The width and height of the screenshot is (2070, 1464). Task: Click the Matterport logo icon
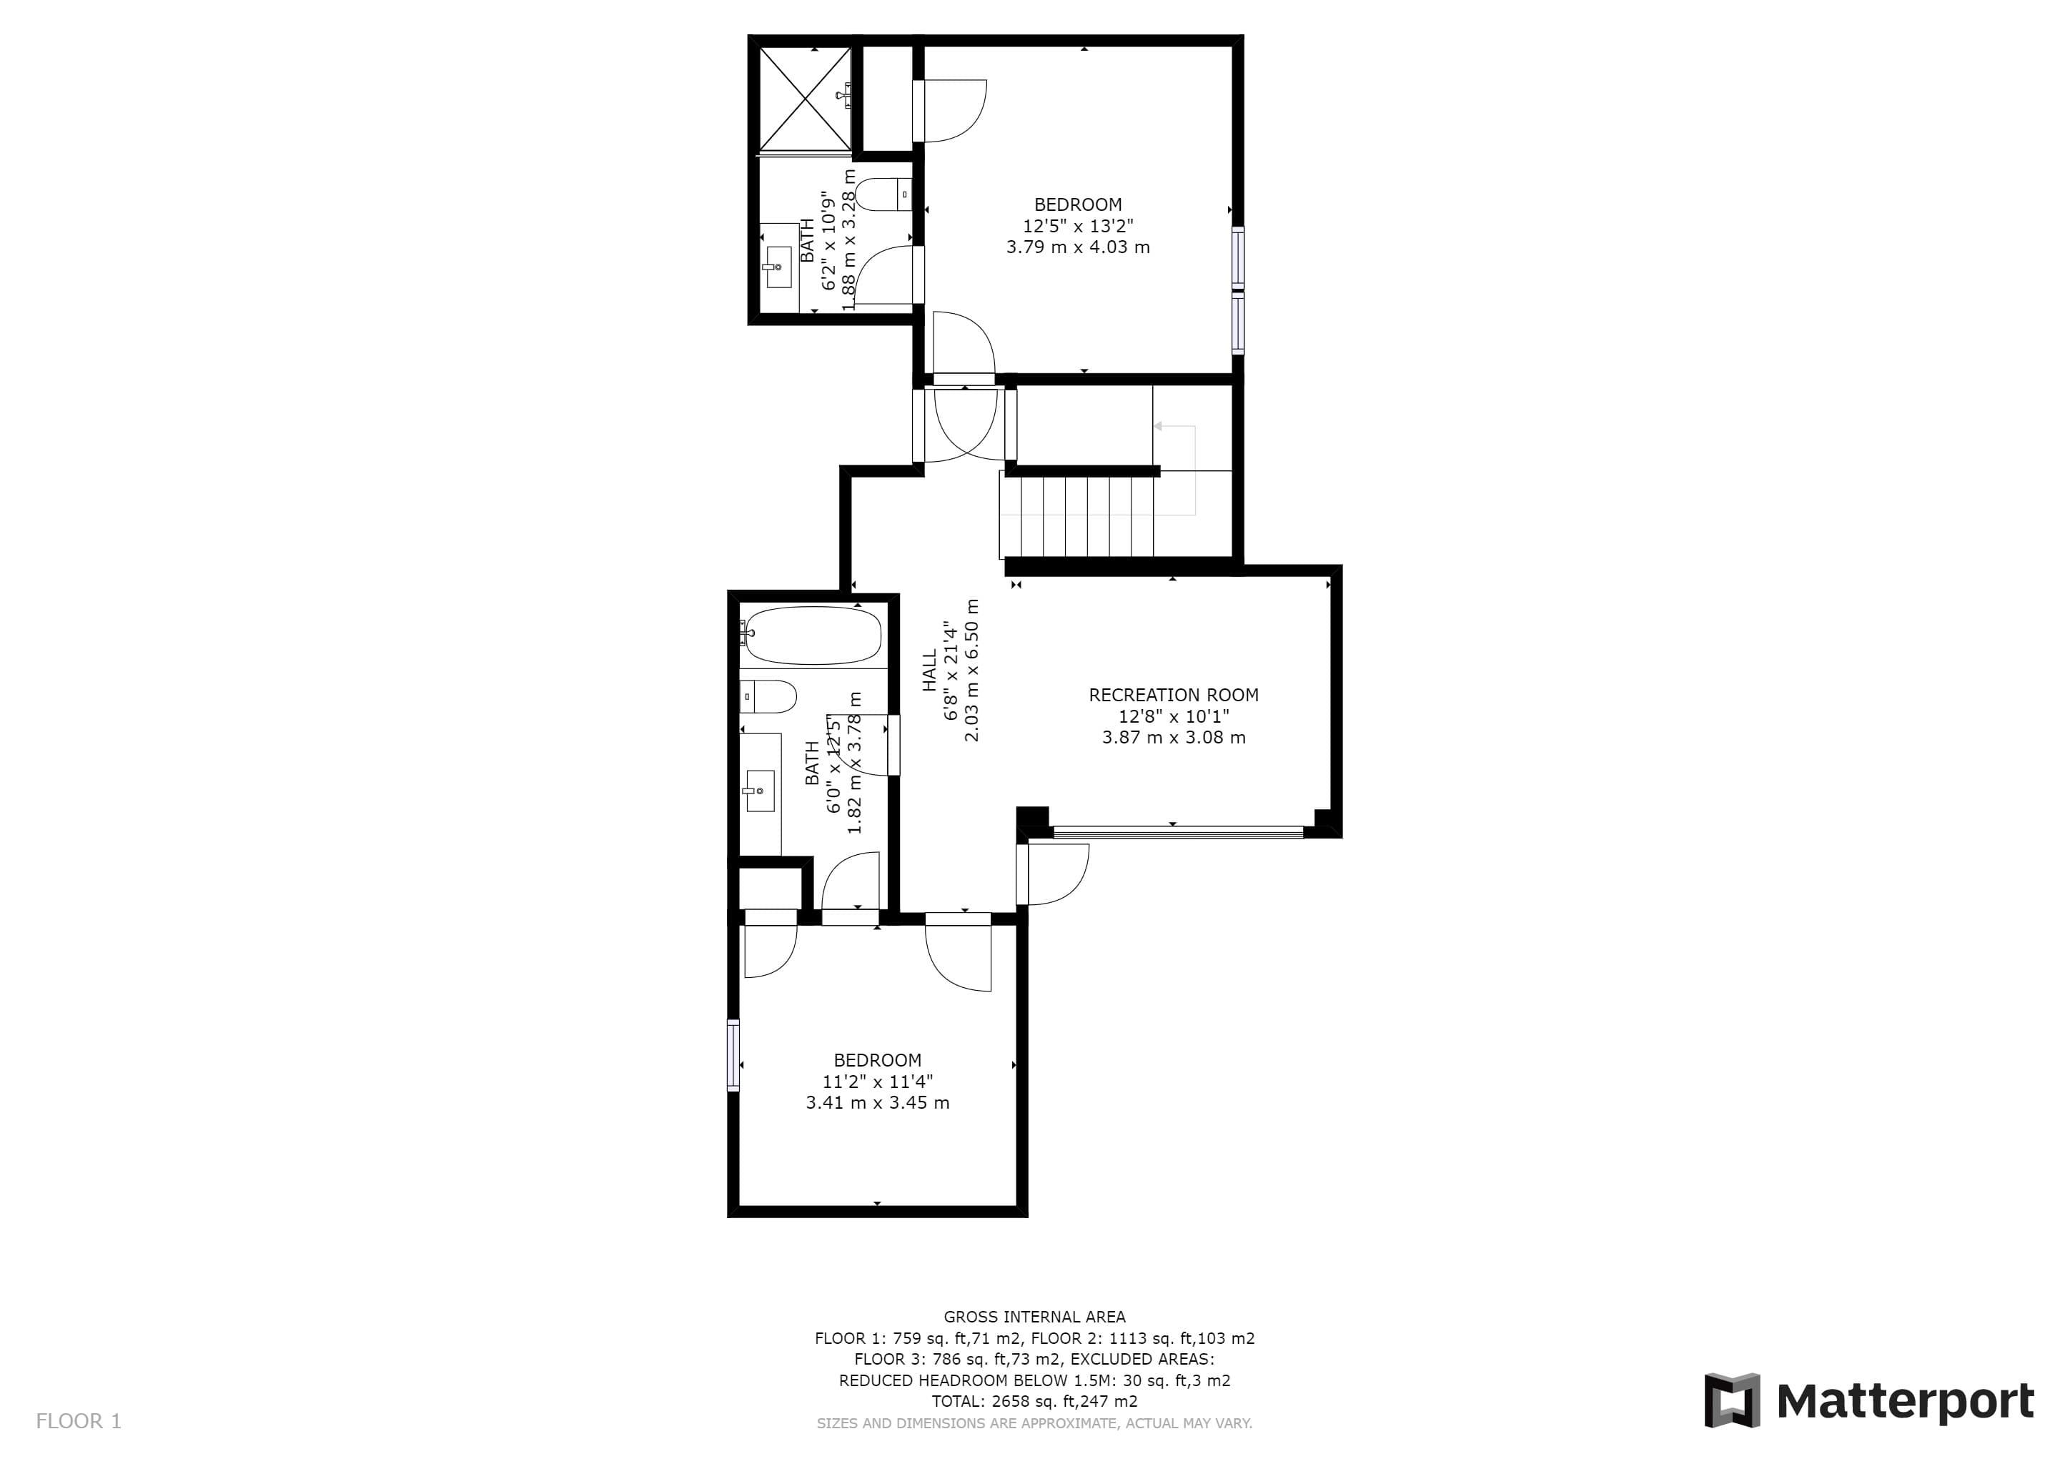point(1731,1400)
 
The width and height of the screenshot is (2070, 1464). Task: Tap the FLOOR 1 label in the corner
point(79,1422)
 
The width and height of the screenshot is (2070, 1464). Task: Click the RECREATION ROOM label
point(1174,695)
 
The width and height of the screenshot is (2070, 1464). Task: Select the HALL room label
point(929,672)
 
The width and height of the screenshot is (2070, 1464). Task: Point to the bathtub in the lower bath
point(811,635)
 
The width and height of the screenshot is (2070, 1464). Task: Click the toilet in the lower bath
point(768,697)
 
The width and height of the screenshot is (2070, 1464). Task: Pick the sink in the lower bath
point(759,791)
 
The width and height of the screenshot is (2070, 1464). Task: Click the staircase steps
point(1077,518)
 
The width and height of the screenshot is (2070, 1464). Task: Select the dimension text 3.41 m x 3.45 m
point(877,1102)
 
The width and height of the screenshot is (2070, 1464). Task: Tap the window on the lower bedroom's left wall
point(733,1056)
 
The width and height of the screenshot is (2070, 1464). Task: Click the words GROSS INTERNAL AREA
point(1035,1317)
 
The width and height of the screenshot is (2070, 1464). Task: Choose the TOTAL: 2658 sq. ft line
point(1035,1402)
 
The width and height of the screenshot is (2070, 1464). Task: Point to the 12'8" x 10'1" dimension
point(1174,717)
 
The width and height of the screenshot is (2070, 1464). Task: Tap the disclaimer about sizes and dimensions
point(1035,1423)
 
